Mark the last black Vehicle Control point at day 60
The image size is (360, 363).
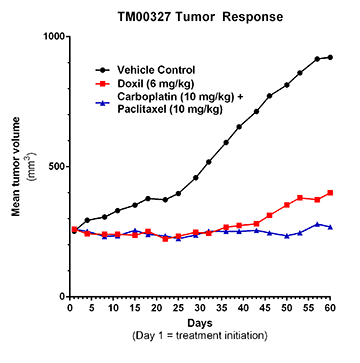pos(330,57)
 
